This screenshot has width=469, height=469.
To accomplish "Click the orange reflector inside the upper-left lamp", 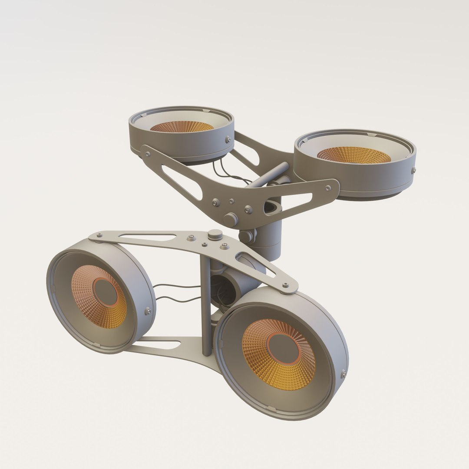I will [182, 126].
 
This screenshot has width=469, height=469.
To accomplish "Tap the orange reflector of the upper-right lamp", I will [354, 155].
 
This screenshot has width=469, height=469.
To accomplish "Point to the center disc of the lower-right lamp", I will [284, 348].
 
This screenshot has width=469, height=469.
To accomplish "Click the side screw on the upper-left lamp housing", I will [228, 139].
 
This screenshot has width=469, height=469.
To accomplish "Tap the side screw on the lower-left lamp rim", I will [148, 310].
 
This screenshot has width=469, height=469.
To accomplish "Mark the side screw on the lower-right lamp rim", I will [343, 374].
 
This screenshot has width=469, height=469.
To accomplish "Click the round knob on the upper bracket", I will [230, 219].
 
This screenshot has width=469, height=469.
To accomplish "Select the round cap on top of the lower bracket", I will [215, 235].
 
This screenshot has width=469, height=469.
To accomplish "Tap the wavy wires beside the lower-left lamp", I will [176, 293].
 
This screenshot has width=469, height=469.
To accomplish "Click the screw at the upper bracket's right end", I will [328, 188].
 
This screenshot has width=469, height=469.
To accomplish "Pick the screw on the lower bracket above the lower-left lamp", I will [99, 236].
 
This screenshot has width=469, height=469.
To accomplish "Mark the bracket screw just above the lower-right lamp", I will [285, 285].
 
